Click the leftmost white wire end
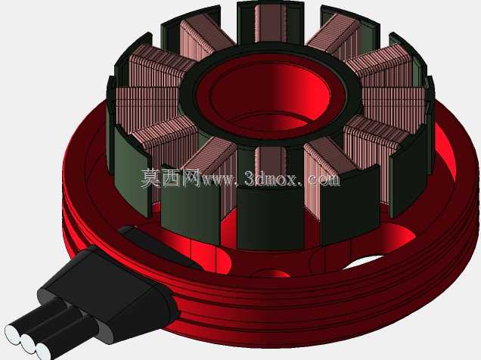pyautogui.click(x=11, y=334)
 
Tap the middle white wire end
pyautogui.click(x=28, y=342)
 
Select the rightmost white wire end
pyautogui.click(x=43, y=350)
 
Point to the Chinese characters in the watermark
pyautogui.click(x=171, y=178)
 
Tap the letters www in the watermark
pyautogui.click(x=219, y=180)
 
